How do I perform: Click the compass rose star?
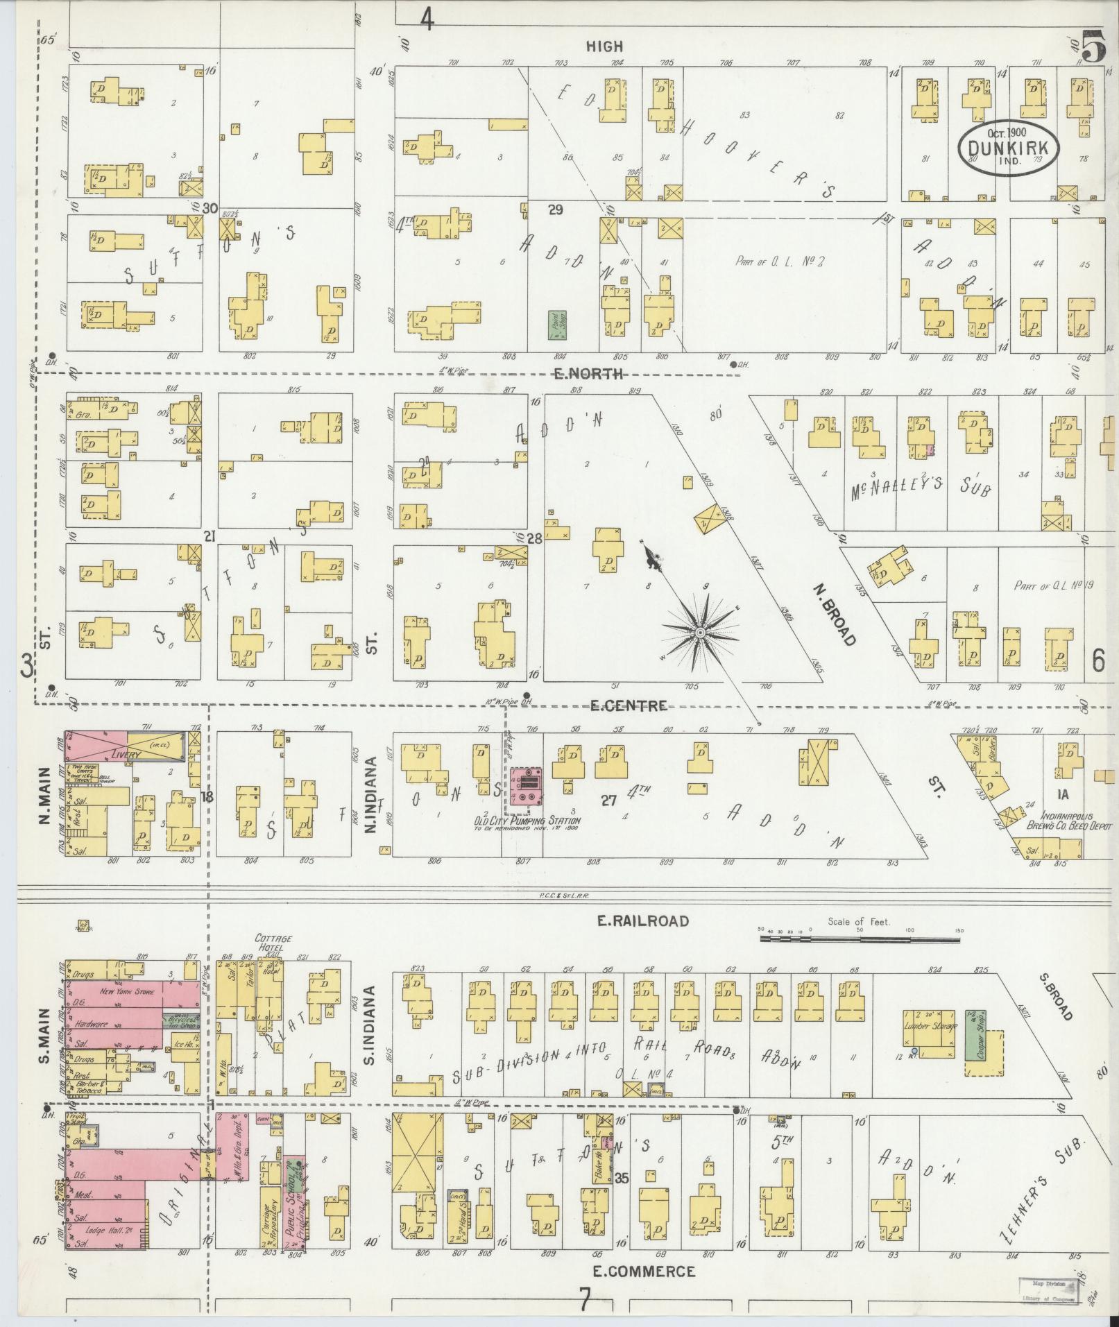pyautogui.click(x=700, y=633)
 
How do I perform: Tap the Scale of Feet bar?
pyautogui.click(x=860, y=939)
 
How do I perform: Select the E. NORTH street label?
pyautogui.click(x=587, y=375)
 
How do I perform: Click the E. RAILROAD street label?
pyautogui.click(x=644, y=921)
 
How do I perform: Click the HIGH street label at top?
pyautogui.click(x=604, y=46)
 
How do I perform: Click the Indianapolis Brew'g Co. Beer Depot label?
pyautogui.click(x=1068, y=822)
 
